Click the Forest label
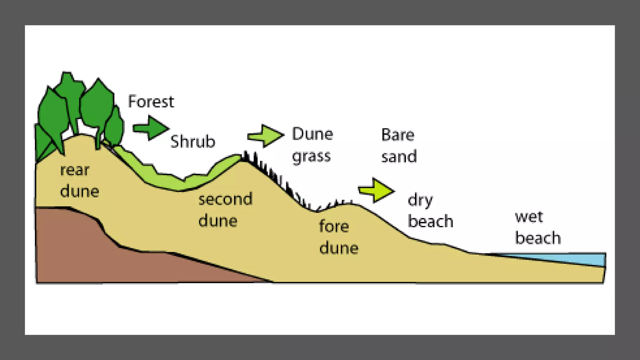(x=151, y=102)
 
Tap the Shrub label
(x=192, y=142)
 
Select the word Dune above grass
(x=312, y=134)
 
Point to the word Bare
(x=398, y=135)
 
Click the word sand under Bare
(x=399, y=157)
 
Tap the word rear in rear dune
(x=75, y=170)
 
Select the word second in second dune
(x=225, y=199)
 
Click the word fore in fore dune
(x=334, y=226)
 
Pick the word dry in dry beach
(x=420, y=200)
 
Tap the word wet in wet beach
(x=529, y=217)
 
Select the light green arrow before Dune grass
(x=266, y=136)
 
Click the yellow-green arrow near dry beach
(x=377, y=190)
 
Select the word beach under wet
(x=538, y=238)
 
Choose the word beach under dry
(x=430, y=222)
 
